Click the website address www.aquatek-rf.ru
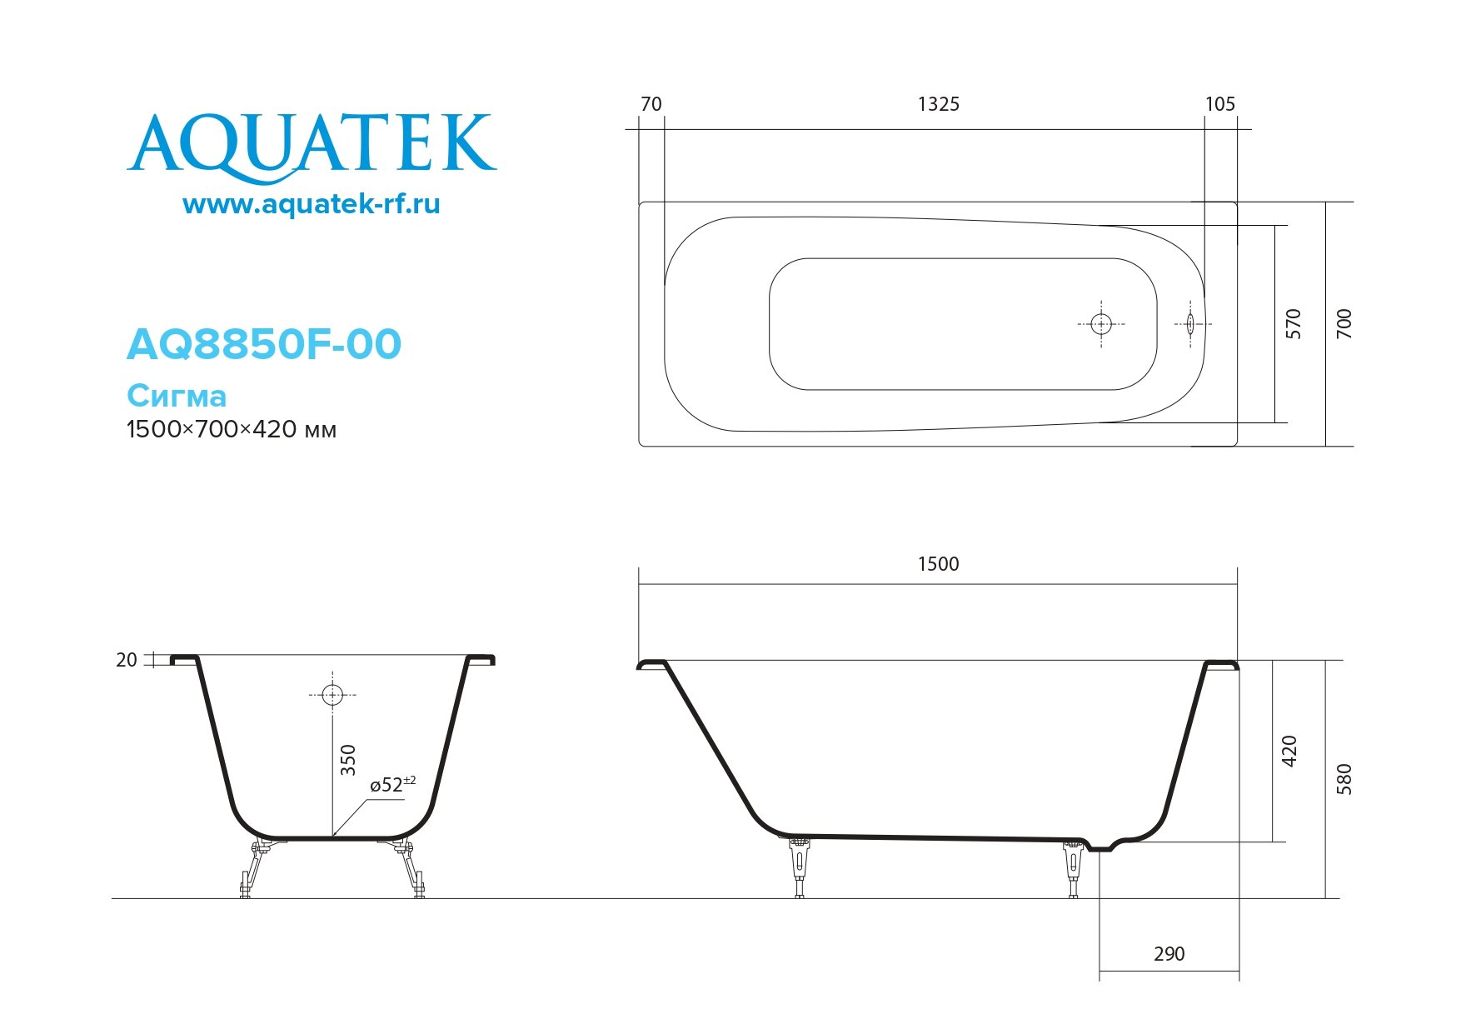(311, 204)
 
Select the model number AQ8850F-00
(263, 344)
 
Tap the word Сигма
(177, 395)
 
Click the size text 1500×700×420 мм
(232, 430)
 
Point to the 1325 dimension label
(938, 104)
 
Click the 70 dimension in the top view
(651, 104)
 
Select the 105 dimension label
(1219, 104)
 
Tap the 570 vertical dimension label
(1294, 323)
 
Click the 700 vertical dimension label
(1344, 323)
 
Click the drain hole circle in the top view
(1101, 324)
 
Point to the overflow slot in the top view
(1191, 324)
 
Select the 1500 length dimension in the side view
(938, 564)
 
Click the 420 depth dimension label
(1289, 751)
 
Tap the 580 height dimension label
(1344, 778)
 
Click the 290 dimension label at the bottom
(1169, 954)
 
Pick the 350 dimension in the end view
(348, 760)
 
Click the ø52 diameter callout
(392, 785)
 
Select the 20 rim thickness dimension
(126, 660)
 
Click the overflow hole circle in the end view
(332, 694)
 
